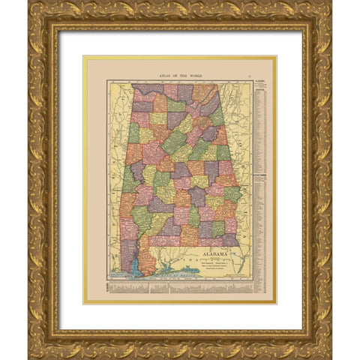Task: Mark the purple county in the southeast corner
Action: point(229,240)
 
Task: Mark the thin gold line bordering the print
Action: point(84,180)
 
